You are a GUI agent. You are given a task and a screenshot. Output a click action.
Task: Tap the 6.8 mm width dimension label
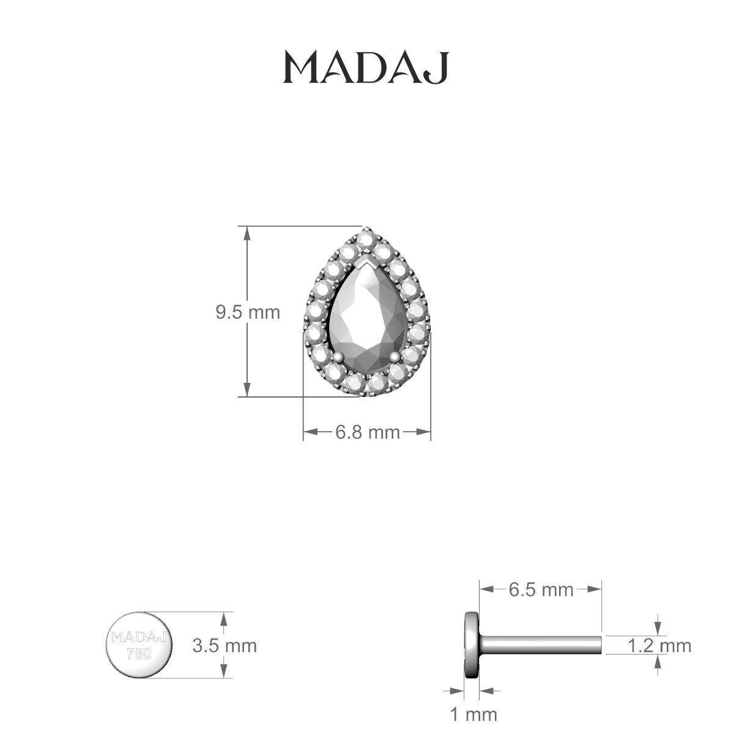(x=367, y=432)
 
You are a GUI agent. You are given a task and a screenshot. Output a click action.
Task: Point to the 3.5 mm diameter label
(x=224, y=645)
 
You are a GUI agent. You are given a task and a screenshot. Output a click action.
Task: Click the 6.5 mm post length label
(x=541, y=589)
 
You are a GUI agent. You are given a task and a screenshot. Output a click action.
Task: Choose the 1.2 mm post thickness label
(x=659, y=645)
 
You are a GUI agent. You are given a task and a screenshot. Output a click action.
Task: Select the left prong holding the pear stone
(x=337, y=357)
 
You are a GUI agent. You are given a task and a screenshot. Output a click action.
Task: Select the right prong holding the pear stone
(x=396, y=357)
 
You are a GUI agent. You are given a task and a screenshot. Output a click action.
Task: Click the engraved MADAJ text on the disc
(x=139, y=638)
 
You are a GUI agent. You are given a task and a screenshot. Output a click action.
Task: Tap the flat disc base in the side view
(x=472, y=645)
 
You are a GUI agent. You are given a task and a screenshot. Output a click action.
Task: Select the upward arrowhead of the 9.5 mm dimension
(x=247, y=232)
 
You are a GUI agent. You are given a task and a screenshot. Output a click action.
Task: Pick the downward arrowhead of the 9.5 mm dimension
(x=247, y=390)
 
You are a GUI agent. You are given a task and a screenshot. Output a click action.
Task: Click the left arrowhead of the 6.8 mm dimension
(x=310, y=432)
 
